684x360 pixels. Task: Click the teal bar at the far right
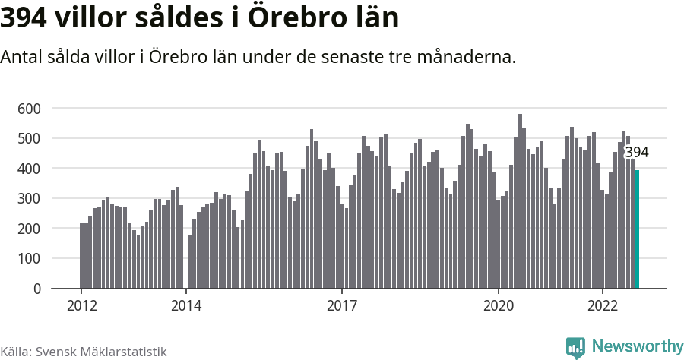[637, 229]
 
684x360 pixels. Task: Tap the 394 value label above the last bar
[636, 153]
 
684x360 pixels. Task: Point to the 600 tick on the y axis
[28, 109]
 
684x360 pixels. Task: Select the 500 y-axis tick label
[28, 139]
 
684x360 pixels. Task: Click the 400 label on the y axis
[28, 169]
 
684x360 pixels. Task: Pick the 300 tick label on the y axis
[28, 199]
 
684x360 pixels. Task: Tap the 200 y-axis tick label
[28, 229]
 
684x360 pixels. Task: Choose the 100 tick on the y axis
[28, 259]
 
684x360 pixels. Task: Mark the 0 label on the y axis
[36, 289]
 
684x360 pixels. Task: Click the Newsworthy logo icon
[575, 348]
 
